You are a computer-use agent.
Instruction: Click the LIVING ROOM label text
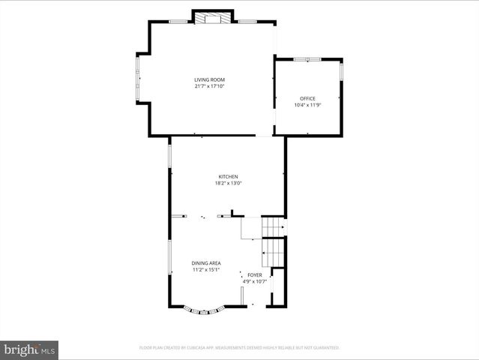coord(209,79)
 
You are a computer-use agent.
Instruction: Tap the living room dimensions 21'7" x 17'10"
coord(209,86)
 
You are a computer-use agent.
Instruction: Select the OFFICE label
coord(307,98)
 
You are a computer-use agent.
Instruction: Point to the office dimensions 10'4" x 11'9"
coord(307,105)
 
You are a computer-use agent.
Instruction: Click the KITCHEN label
coord(228,176)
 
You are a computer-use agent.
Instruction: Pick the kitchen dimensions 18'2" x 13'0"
coord(228,183)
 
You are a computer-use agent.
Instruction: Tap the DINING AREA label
coord(205,263)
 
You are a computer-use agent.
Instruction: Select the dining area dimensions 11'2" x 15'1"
coord(205,270)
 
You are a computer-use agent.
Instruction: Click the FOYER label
coord(255,275)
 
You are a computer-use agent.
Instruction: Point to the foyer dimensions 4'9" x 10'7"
coord(255,282)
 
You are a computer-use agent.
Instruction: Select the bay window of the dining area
coord(205,310)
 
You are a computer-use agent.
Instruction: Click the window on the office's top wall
coord(307,58)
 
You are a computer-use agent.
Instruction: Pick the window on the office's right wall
coord(342,71)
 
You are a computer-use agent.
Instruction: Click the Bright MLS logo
coord(29,349)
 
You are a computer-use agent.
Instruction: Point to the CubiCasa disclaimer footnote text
coord(239,348)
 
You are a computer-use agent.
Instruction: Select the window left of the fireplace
coord(178,21)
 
